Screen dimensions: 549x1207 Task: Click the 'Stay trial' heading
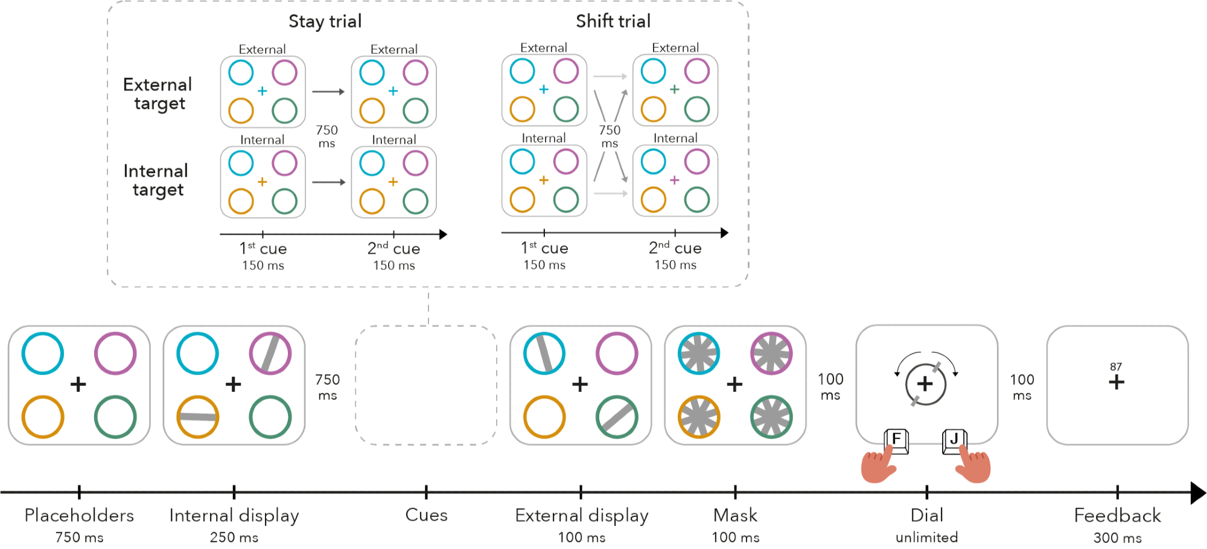point(325,22)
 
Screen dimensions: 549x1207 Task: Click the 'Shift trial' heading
point(613,22)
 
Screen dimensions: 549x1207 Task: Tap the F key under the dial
point(896,439)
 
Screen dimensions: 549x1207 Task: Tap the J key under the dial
point(954,439)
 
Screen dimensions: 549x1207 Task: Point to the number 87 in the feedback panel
point(1116,367)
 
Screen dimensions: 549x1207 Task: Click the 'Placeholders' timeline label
point(79,515)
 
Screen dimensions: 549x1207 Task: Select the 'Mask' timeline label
point(735,515)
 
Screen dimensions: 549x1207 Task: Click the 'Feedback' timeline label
point(1117,515)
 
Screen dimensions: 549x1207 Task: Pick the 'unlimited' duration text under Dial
point(926,537)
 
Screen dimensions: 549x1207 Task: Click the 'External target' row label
point(158,94)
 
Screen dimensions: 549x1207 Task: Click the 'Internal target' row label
point(156,180)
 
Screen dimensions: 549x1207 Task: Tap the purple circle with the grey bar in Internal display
point(270,353)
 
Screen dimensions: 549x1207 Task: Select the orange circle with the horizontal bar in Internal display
point(198,417)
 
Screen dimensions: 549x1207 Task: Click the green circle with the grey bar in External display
point(617,417)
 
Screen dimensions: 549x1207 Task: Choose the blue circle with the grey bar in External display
point(544,353)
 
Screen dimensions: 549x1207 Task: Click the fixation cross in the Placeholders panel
point(78,384)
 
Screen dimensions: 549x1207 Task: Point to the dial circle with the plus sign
point(925,384)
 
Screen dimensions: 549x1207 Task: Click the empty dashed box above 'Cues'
point(426,385)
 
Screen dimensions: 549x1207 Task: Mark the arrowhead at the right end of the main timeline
point(1197,493)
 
